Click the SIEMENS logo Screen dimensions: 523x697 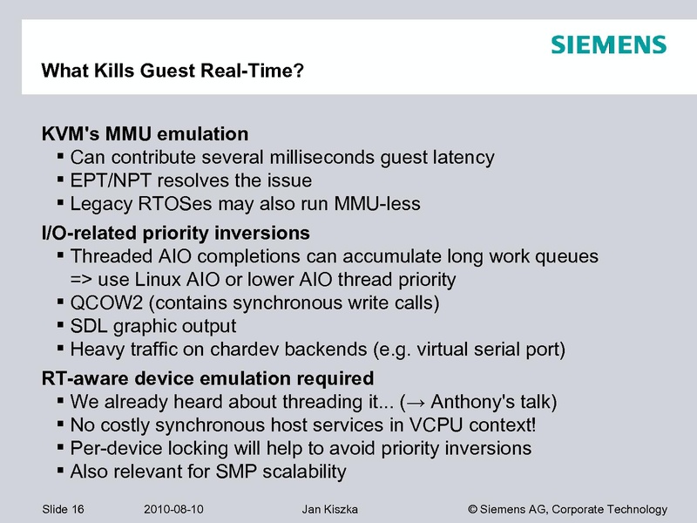tap(608, 45)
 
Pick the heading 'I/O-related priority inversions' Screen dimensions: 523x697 tap(176, 234)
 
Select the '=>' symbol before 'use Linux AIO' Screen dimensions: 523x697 tap(81, 280)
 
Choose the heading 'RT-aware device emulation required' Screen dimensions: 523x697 tap(207, 379)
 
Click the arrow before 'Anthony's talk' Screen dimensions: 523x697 tap(417, 403)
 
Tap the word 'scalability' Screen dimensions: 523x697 tap(299, 472)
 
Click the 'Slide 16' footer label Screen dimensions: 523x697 tap(63, 509)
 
